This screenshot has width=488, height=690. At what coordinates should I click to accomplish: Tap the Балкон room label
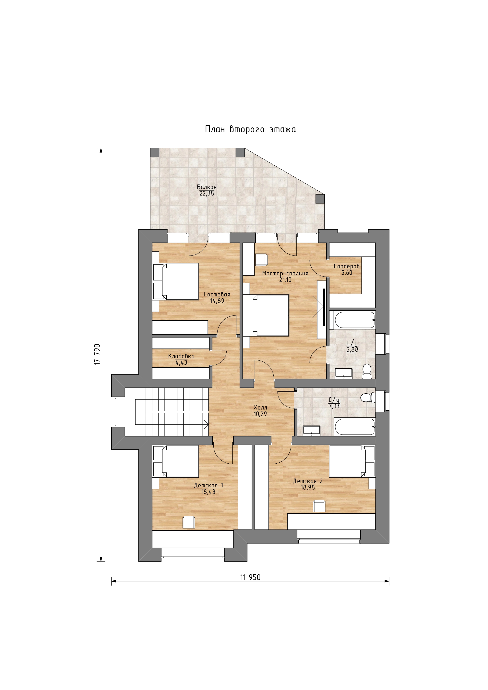click(x=207, y=187)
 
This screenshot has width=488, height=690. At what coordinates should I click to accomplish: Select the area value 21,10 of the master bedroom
click(x=285, y=280)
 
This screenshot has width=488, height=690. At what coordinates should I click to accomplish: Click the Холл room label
click(x=260, y=408)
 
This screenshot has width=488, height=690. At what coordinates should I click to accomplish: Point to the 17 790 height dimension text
click(x=97, y=355)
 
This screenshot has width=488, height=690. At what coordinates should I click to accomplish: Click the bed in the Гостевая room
click(x=175, y=282)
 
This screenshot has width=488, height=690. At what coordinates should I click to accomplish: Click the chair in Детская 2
click(x=319, y=506)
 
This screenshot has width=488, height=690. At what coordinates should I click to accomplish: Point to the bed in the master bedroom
click(x=266, y=315)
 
